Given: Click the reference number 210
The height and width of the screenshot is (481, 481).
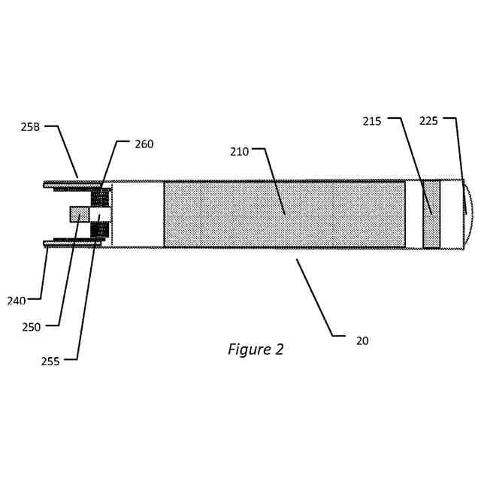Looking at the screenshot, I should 239,151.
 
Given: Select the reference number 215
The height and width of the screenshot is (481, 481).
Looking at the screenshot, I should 372,120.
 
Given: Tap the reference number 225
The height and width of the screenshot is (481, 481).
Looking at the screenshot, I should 428,120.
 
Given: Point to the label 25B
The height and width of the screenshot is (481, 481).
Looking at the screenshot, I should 30,128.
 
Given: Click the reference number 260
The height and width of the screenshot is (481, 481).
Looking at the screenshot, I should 144,144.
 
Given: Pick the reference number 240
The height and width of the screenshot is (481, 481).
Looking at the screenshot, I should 17,301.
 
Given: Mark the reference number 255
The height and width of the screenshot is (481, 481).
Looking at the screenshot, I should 50,361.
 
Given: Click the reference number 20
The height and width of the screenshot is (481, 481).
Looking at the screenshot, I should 362,340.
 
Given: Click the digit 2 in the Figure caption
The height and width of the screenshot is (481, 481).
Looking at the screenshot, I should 280,349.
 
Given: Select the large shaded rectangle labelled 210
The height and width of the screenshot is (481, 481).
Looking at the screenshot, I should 284,214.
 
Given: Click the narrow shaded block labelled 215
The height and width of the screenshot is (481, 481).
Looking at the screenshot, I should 431,214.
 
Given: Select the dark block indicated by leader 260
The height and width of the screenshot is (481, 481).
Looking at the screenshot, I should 99,198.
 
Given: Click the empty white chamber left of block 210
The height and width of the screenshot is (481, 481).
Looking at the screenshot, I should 138,214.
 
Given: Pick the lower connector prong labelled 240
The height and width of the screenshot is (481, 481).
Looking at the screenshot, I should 71,243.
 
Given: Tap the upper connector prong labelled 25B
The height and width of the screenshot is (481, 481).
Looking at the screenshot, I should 71,183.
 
